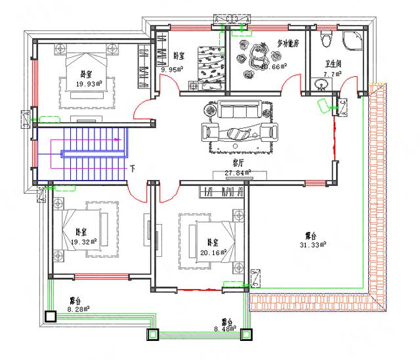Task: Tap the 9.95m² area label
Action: pyautogui.click(x=173, y=68)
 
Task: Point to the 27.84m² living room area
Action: pyautogui.click(x=238, y=173)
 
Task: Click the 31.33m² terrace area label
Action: pyautogui.click(x=312, y=245)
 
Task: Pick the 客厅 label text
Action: pyautogui.click(x=238, y=162)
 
